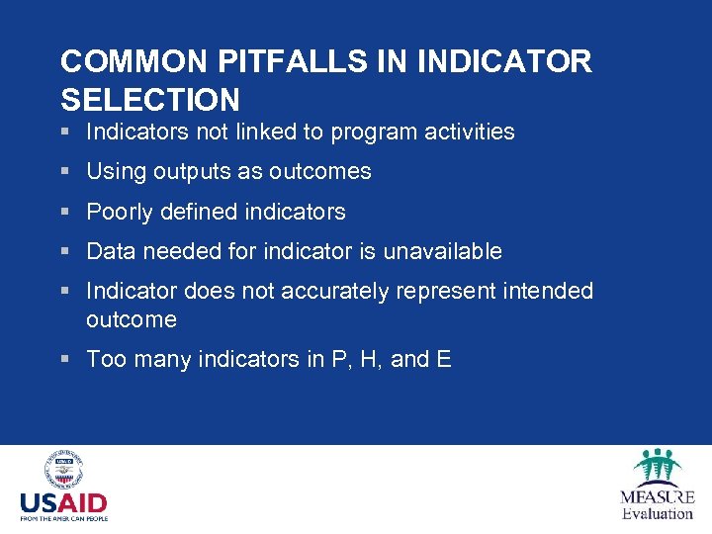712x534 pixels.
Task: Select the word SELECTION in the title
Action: pyautogui.click(x=150, y=100)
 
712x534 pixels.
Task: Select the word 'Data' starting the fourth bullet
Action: pyautogui.click(x=111, y=251)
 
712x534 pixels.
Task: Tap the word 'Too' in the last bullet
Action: pyautogui.click(x=105, y=359)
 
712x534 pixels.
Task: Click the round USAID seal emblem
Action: pyautogui.click(x=63, y=470)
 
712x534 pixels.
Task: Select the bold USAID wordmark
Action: pyautogui.click(x=63, y=502)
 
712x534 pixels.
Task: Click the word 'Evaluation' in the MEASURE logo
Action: pyautogui.click(x=658, y=513)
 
